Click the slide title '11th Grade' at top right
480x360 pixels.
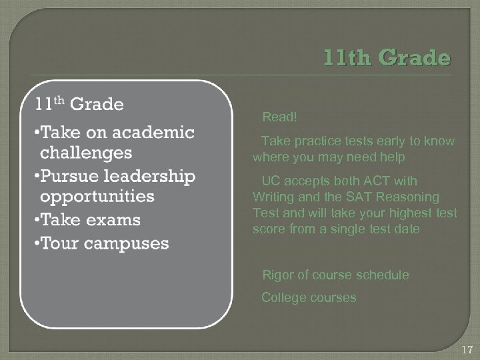[x=387, y=58]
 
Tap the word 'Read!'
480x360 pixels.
[x=280, y=117]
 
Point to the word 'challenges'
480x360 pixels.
[x=86, y=153]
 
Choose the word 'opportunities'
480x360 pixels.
[x=97, y=197]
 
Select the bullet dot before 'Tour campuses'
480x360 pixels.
[x=35, y=243]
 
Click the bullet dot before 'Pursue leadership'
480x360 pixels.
[x=35, y=176]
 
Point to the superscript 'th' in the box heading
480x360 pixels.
[x=58, y=99]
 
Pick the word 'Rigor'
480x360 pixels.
[x=277, y=275]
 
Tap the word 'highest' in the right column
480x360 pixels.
[x=409, y=213]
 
